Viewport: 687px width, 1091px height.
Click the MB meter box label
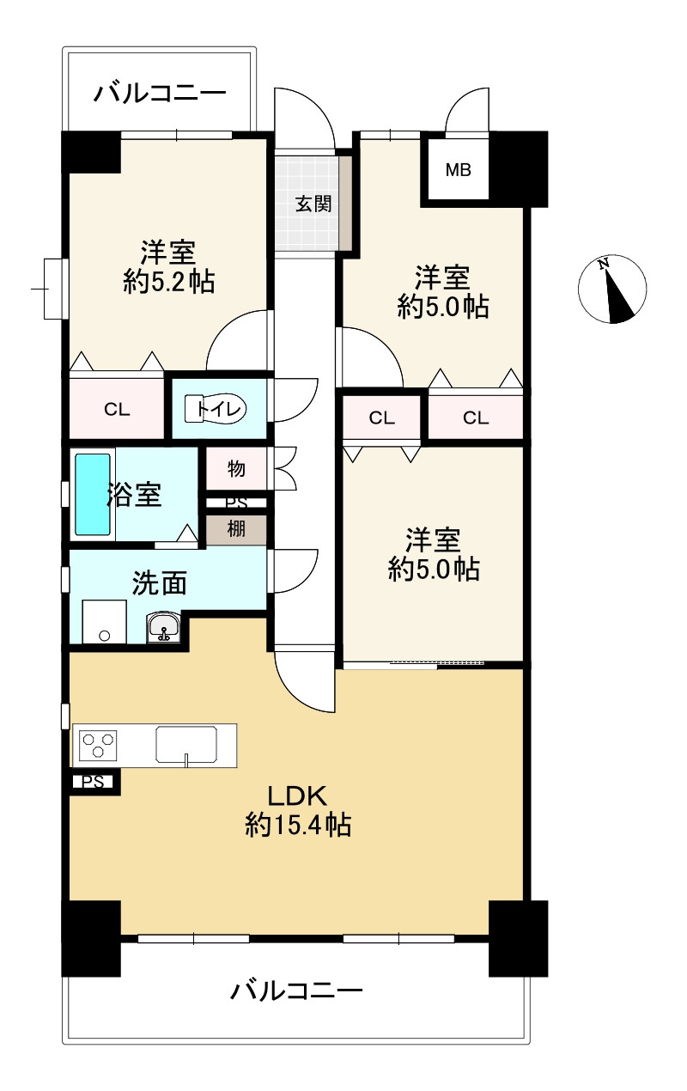click(459, 170)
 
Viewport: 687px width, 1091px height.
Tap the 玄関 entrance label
click(313, 204)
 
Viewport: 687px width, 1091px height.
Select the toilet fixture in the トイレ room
click(216, 408)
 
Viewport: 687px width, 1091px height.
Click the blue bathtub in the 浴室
click(92, 495)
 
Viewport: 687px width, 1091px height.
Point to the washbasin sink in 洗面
click(164, 628)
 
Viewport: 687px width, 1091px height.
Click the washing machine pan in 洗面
click(104, 621)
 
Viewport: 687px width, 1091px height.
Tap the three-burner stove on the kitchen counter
click(99, 745)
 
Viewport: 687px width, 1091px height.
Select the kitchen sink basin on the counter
click(186, 745)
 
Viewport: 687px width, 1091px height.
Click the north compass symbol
click(612, 289)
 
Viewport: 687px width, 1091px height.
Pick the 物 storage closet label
click(236, 468)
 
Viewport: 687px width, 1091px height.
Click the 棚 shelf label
click(236, 528)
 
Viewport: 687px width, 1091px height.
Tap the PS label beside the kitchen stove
click(93, 782)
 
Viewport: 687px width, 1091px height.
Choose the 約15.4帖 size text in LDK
click(298, 825)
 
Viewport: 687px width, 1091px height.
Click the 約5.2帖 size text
click(168, 281)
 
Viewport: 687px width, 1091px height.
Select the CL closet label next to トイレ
click(117, 410)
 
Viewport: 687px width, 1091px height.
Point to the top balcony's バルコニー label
click(160, 93)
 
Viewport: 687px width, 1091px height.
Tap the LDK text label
click(297, 796)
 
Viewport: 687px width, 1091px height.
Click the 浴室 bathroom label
click(134, 494)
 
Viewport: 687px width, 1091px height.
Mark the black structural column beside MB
click(518, 169)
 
